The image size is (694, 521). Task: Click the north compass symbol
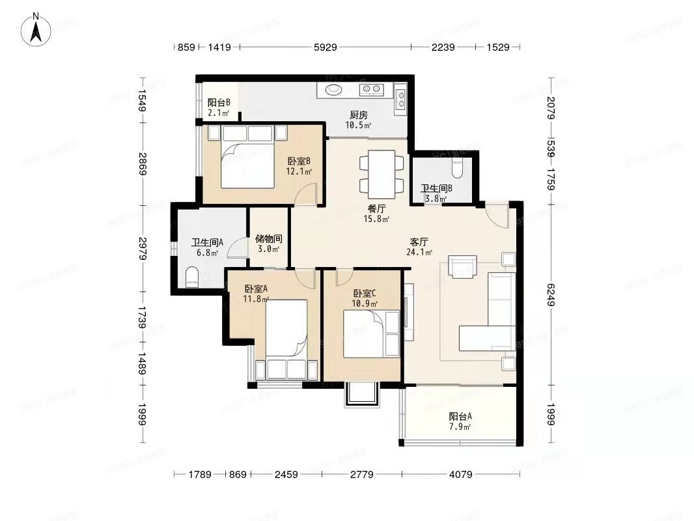point(38,29)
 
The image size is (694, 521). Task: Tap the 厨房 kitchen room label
point(358,115)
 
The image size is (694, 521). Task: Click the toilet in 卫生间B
point(458,168)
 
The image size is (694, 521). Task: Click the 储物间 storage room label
point(268,239)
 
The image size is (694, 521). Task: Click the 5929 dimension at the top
point(326,48)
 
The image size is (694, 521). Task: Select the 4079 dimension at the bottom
point(460,475)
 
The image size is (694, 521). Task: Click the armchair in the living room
point(463,266)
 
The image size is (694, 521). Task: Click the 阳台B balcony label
point(218,103)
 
